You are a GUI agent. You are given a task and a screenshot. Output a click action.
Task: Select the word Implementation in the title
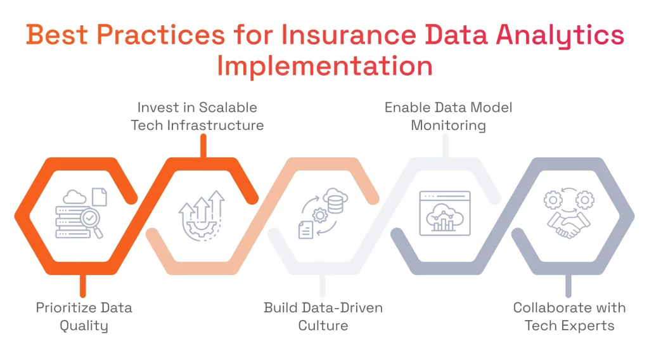324,66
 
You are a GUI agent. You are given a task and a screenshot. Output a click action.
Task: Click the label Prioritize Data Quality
84,317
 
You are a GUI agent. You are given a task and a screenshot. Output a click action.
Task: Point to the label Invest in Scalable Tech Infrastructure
197,116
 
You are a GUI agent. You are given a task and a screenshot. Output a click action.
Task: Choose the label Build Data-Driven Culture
323,317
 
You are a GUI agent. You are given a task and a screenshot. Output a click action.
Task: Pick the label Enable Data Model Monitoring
448,116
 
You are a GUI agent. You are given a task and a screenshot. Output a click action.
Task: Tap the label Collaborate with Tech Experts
569,317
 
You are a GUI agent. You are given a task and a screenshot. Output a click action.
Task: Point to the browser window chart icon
445,214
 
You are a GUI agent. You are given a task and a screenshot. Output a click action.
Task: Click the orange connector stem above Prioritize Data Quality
82,286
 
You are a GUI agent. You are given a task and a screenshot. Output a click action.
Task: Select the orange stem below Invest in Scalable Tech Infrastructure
203,146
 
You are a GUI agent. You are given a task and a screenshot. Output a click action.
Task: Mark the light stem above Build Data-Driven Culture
323,286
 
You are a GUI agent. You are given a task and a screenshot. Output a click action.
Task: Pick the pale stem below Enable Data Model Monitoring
446,146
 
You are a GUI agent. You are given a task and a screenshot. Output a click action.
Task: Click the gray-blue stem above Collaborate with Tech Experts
568,286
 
